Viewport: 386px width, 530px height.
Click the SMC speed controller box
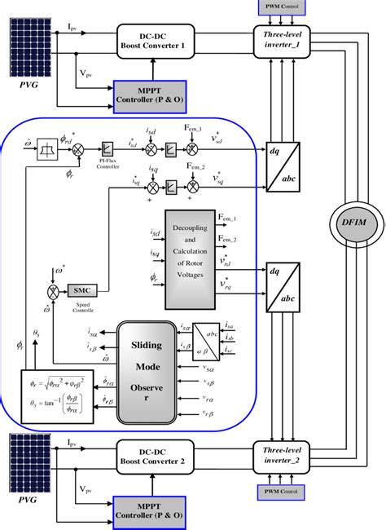(x=81, y=289)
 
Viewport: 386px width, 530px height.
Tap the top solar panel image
(x=31, y=43)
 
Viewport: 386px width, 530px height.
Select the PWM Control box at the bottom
(x=282, y=492)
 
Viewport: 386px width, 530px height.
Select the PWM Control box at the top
(x=282, y=7)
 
